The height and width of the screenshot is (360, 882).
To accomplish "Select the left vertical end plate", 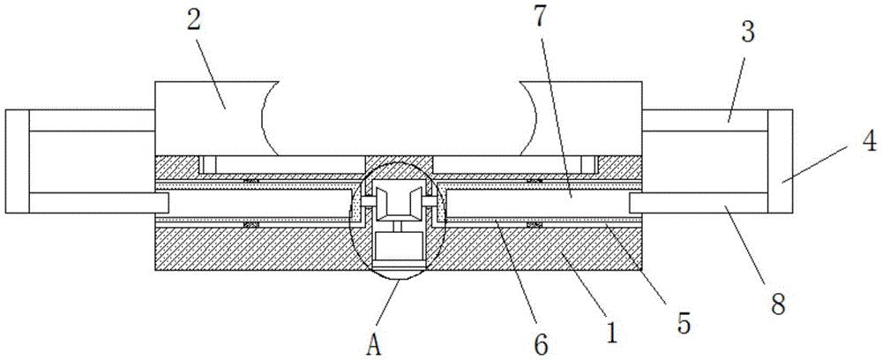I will [x=18, y=161].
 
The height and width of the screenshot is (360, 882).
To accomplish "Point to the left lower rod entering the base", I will [x=97, y=203].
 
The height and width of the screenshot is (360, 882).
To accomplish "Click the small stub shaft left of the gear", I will [x=364, y=202].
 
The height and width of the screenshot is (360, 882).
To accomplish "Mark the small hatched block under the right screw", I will [x=533, y=226].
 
